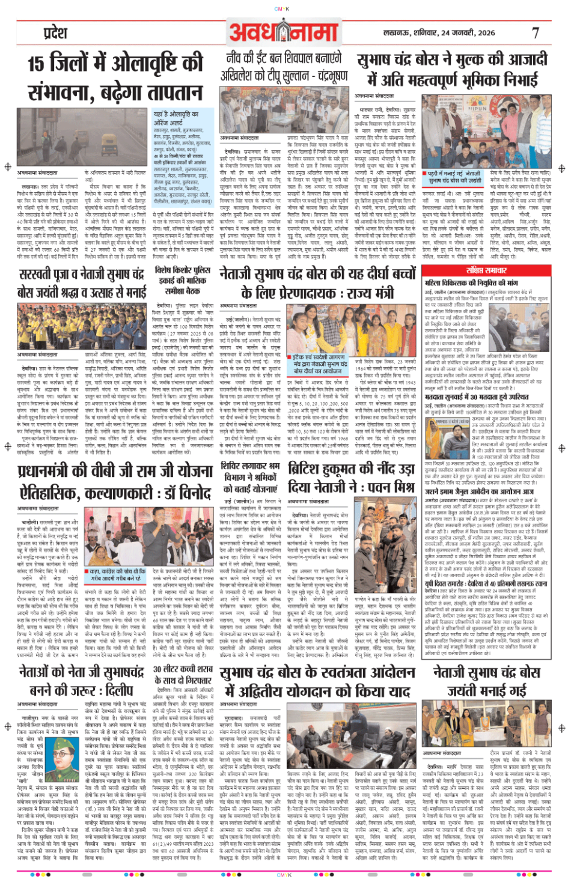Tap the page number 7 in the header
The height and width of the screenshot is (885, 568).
click(535, 33)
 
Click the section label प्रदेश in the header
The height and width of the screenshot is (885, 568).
click(55, 33)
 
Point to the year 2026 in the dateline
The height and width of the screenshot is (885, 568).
click(484, 33)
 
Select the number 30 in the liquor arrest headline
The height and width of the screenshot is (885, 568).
click(159, 669)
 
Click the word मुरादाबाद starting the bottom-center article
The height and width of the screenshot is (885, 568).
click(233, 718)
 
